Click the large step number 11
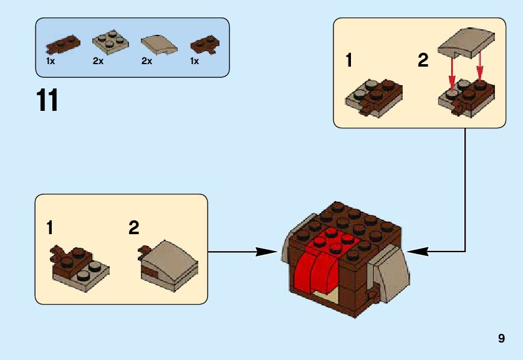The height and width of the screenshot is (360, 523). click(x=47, y=100)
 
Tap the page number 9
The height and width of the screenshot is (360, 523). click(x=501, y=339)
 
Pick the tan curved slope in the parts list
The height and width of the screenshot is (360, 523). click(x=155, y=44)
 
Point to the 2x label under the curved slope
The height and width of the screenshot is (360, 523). click(x=147, y=61)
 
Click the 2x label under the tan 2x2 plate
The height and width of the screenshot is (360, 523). click(x=98, y=61)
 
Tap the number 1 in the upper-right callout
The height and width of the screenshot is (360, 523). click(x=349, y=61)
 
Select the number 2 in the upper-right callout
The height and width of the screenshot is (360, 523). click(x=423, y=61)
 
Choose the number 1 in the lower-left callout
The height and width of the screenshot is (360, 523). click(x=49, y=228)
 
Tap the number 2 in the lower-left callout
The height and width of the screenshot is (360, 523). click(x=134, y=228)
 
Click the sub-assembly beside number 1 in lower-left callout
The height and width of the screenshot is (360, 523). click(x=79, y=265)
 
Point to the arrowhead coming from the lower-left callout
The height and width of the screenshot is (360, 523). click(x=267, y=252)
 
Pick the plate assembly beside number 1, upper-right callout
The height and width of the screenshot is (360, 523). click(x=373, y=96)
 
